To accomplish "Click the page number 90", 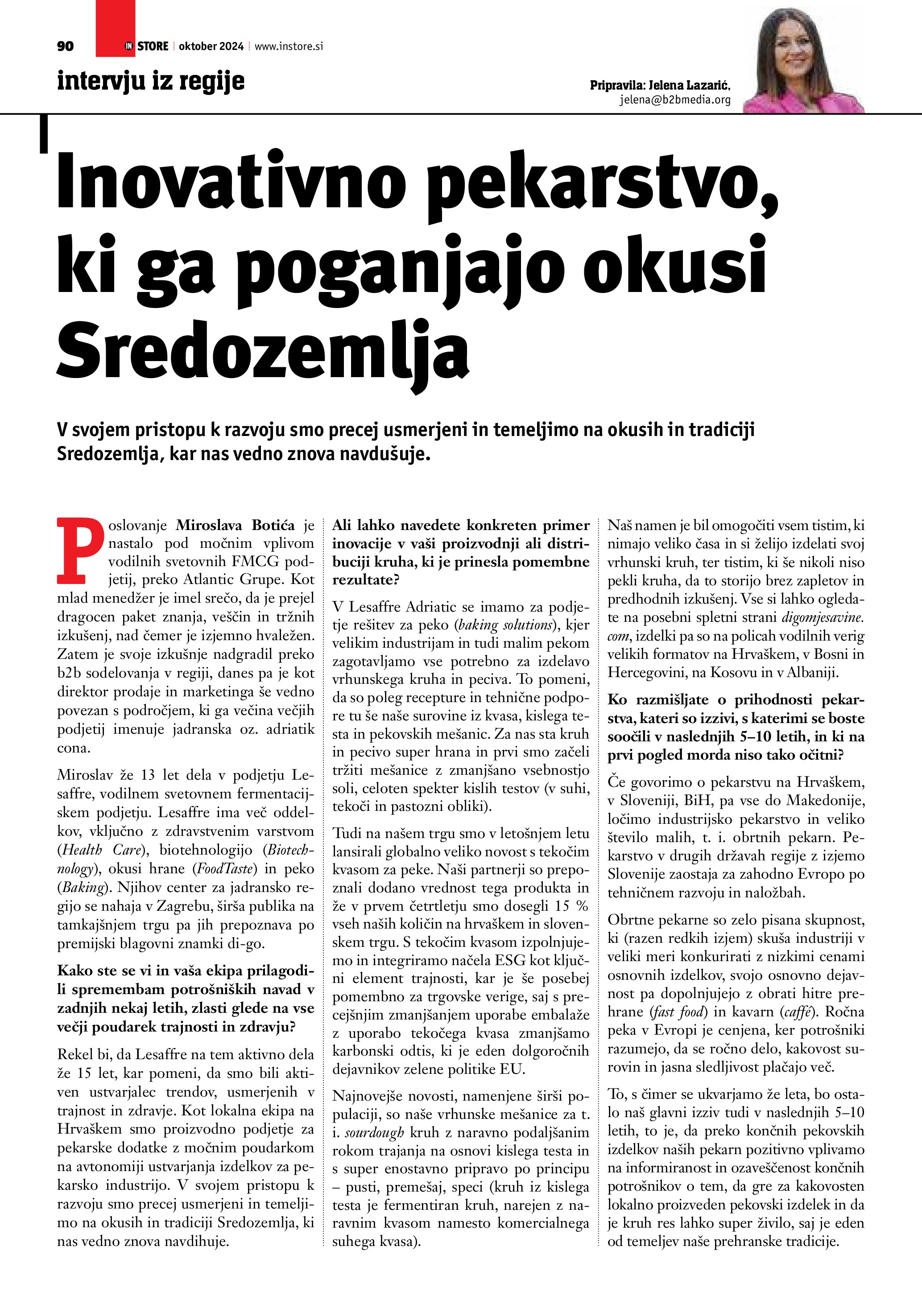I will coord(65,46).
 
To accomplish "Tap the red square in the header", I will coord(115,27).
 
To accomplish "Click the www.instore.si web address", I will coord(289,46).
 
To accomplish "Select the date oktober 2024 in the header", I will coord(211,46).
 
